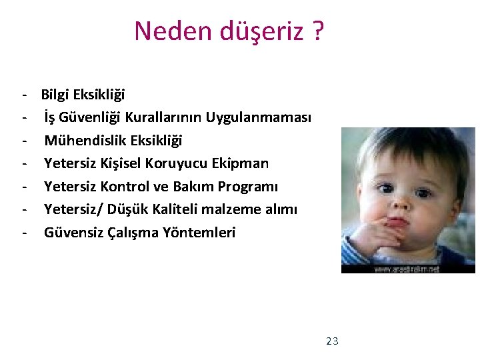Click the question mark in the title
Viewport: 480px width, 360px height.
[x=317, y=31]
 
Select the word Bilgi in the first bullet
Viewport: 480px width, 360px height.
[x=55, y=95]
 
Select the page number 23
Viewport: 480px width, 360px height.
[x=332, y=341]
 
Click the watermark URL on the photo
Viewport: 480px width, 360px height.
[x=407, y=269]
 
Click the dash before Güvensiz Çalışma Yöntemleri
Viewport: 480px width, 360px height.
[x=24, y=233]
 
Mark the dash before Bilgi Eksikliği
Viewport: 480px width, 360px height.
[x=24, y=95]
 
